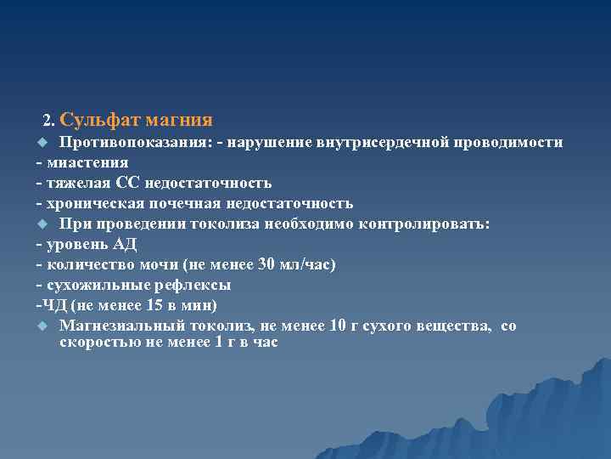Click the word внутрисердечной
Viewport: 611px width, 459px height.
tap(388, 142)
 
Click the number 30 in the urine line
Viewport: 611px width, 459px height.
tap(266, 264)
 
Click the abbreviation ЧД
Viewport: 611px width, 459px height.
tap(55, 305)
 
